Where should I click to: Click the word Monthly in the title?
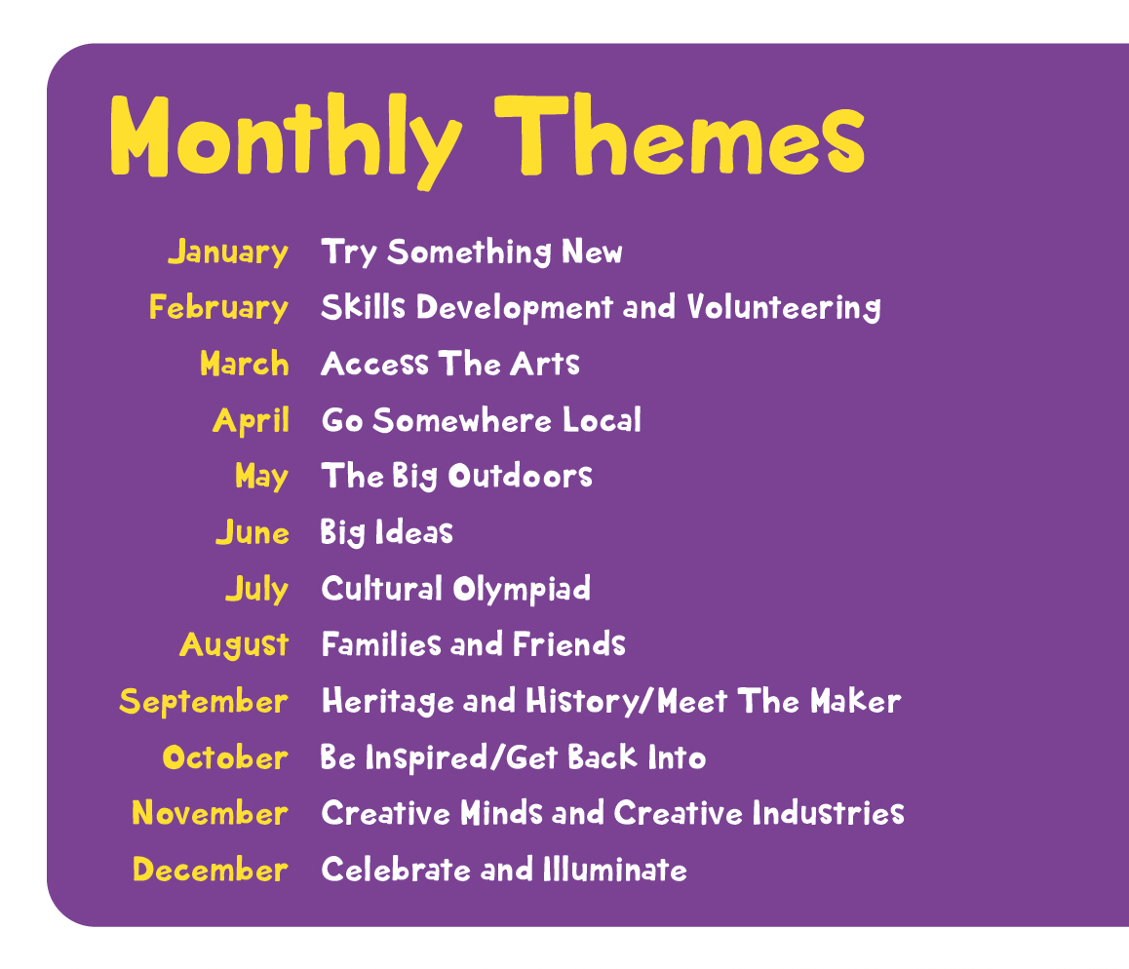[286, 141]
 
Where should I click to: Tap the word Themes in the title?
[680, 136]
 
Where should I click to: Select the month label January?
[228, 252]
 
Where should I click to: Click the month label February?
[219, 308]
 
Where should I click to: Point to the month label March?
[245, 364]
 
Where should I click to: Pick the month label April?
[252, 420]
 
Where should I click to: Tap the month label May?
[262, 477]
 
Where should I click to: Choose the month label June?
[253, 532]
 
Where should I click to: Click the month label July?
[257, 589]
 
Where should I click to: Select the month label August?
[235, 645]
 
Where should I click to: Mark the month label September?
[204, 702]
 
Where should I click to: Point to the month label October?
[225, 757]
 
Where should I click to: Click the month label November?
[211, 813]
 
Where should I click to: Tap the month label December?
[211, 870]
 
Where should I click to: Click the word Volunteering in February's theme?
[784, 308]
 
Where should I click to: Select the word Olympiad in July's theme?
[522, 590]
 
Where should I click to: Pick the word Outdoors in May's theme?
[520, 477]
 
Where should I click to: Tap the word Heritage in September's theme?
[388, 702]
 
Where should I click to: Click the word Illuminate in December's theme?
[615, 870]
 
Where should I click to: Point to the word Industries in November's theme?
[829, 813]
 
